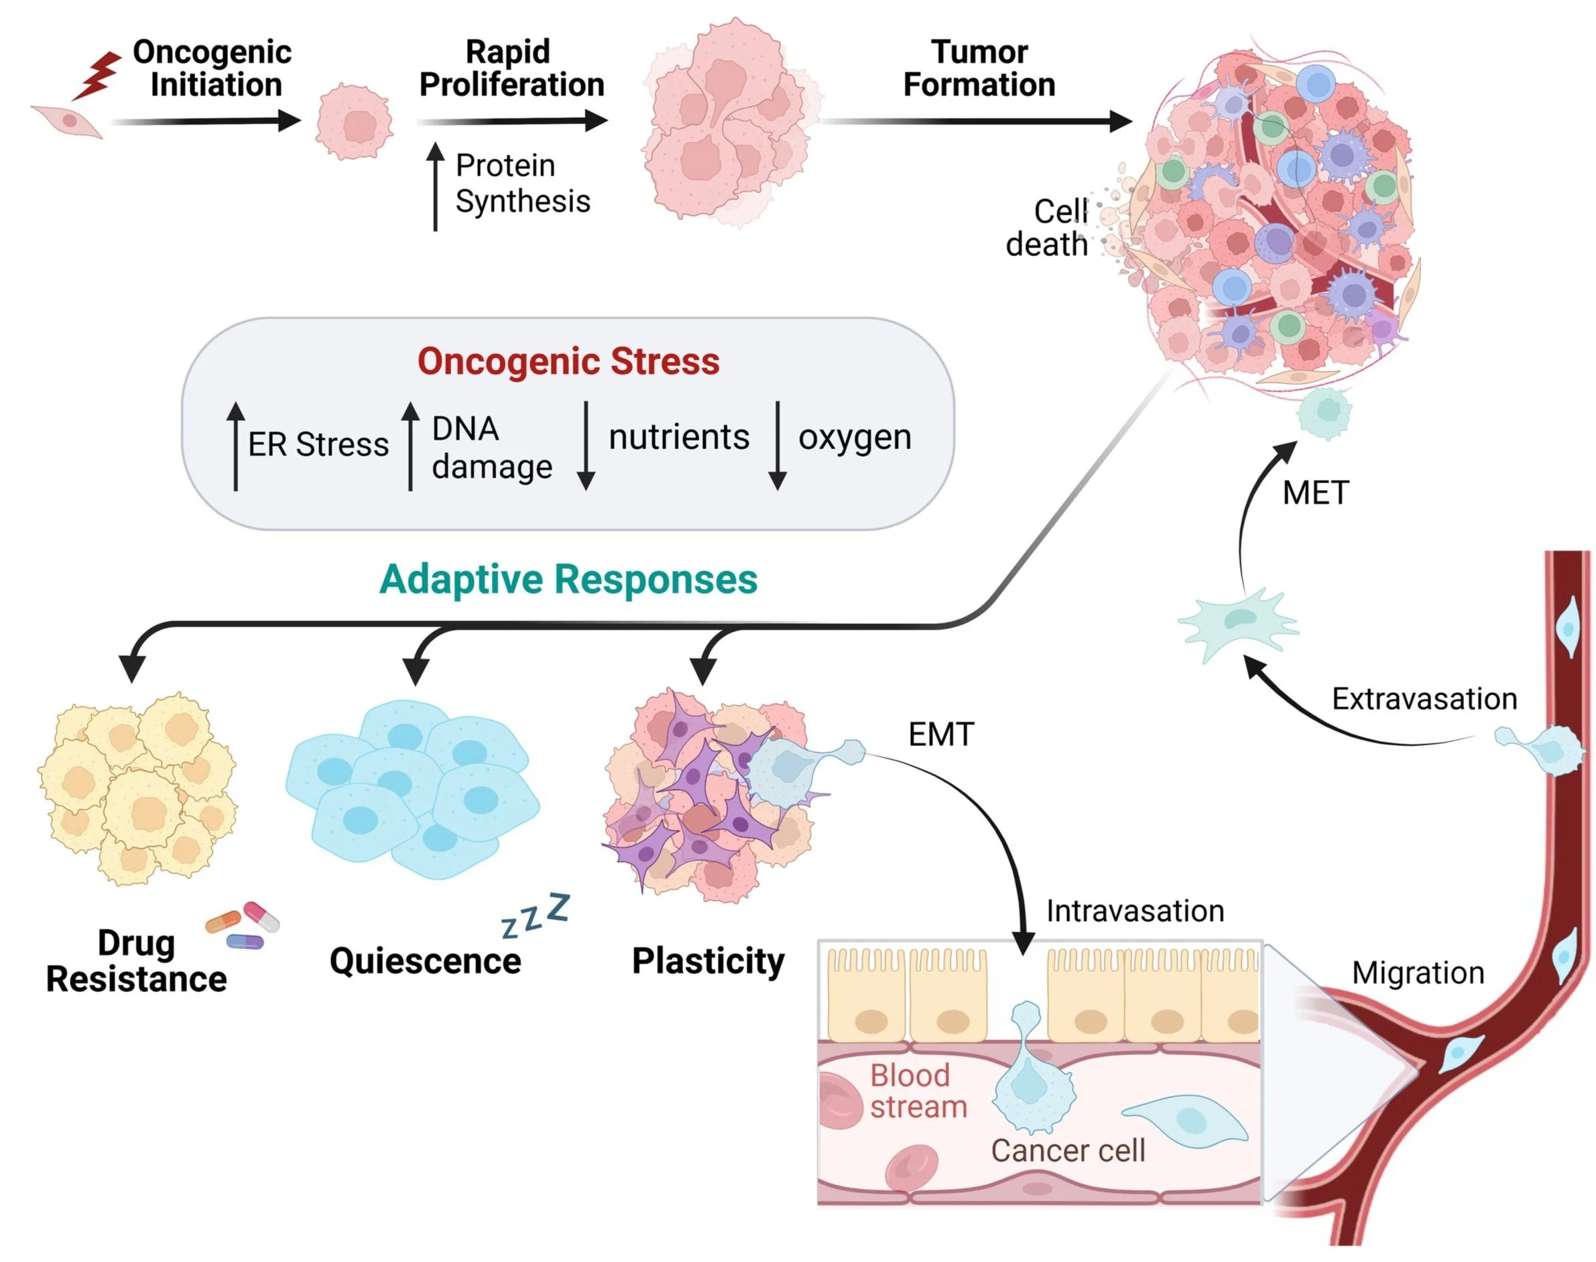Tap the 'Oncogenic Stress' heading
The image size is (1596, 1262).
(568, 362)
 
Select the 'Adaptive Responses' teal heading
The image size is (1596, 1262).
(568, 579)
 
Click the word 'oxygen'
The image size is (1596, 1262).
(854, 438)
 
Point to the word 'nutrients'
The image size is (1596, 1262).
(678, 438)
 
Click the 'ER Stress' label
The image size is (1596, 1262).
(318, 445)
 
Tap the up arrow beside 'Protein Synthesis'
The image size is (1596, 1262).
(435, 186)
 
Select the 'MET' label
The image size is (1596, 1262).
(1315, 493)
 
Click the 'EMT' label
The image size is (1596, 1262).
(940, 735)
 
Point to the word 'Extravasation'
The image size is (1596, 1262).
(1424, 699)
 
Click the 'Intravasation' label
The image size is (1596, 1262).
(1135, 911)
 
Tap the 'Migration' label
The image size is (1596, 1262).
(1417, 973)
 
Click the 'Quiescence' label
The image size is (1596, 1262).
(425, 961)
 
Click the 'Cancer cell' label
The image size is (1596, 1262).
(1068, 1151)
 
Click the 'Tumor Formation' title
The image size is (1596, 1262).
(979, 68)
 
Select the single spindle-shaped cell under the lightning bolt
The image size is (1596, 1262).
(67, 121)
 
